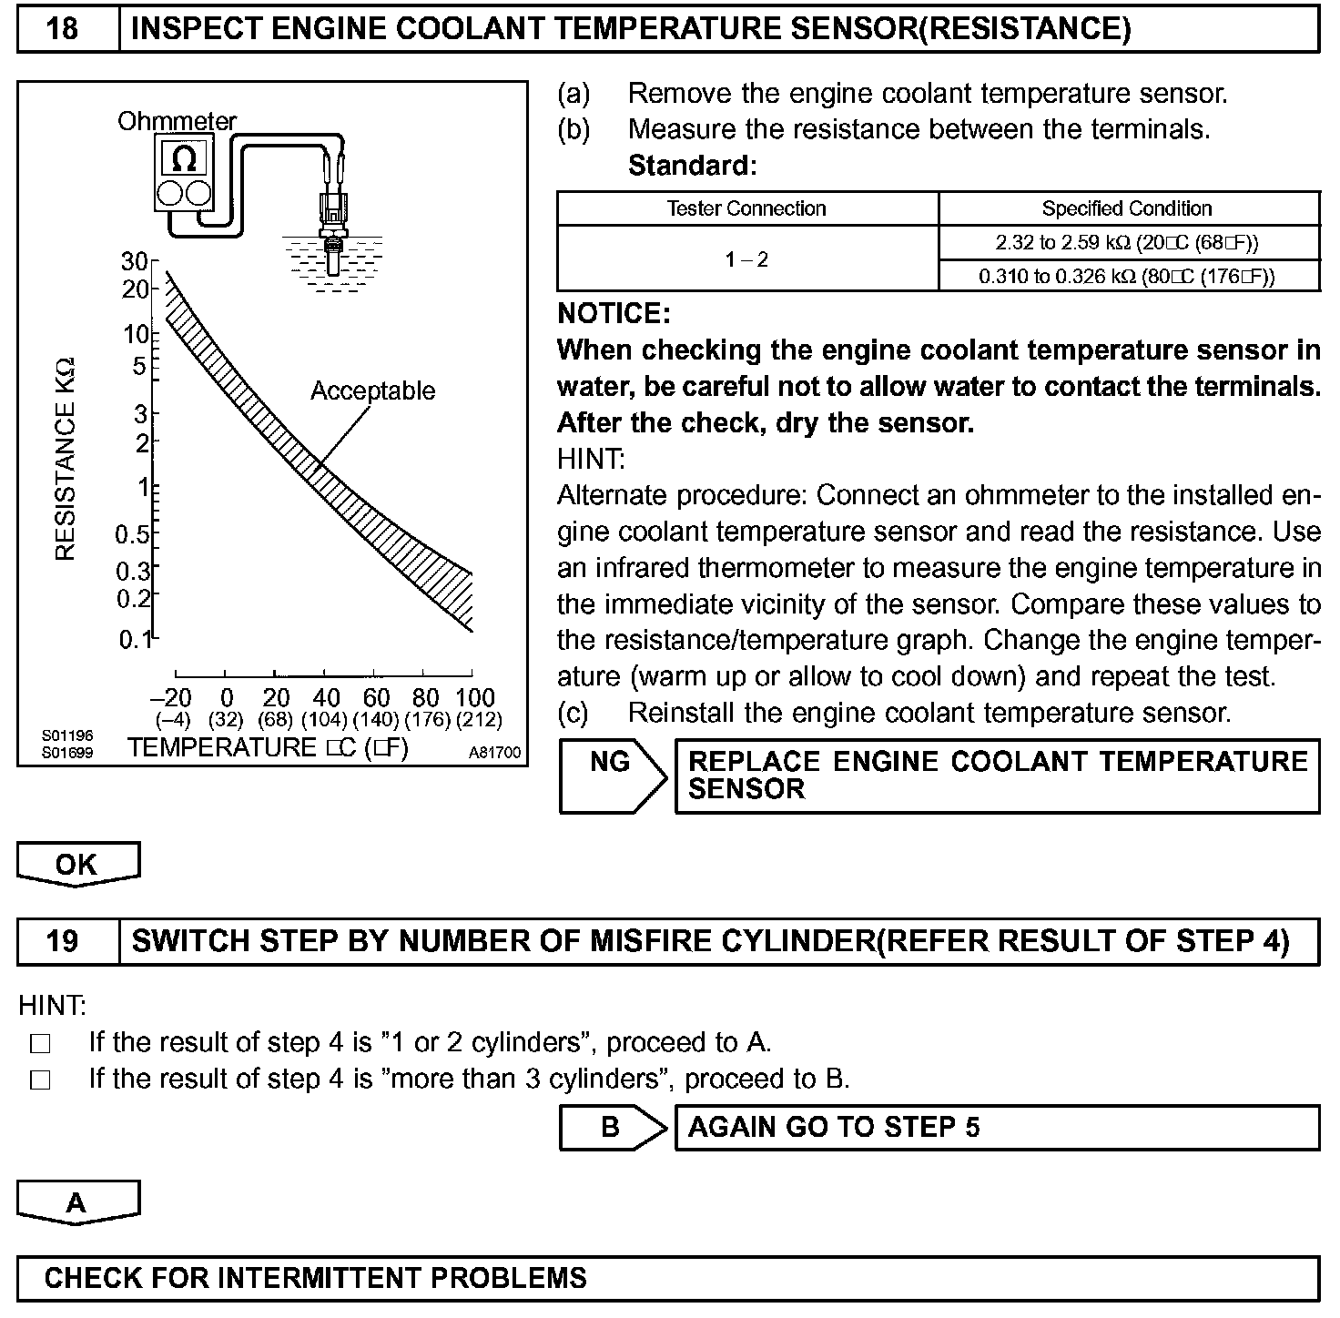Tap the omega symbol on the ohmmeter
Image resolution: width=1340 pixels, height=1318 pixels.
(x=184, y=159)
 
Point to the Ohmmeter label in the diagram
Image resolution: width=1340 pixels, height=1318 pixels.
(x=177, y=121)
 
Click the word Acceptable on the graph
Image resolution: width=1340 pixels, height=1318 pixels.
(x=372, y=390)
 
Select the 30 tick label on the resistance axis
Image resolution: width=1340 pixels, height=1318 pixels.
(x=134, y=262)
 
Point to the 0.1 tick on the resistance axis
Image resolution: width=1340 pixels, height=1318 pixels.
(x=136, y=640)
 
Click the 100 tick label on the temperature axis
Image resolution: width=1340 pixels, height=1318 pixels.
(x=474, y=698)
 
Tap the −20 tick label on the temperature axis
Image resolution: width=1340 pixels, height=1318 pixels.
(x=171, y=698)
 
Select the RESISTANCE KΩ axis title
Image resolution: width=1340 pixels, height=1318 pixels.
(x=66, y=460)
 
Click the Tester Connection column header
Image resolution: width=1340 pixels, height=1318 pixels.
(x=746, y=208)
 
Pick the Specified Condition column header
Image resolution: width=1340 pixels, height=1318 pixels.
(x=1127, y=208)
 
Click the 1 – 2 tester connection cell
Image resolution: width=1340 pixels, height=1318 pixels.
(x=746, y=259)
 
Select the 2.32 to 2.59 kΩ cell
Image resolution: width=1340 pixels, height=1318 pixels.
(x=1127, y=242)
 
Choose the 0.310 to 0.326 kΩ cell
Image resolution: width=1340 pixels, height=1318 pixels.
(x=1127, y=276)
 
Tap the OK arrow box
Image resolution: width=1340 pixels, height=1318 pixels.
(x=77, y=864)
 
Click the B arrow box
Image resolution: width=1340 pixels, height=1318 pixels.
(x=610, y=1128)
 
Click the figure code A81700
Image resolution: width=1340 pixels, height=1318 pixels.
(x=494, y=753)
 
